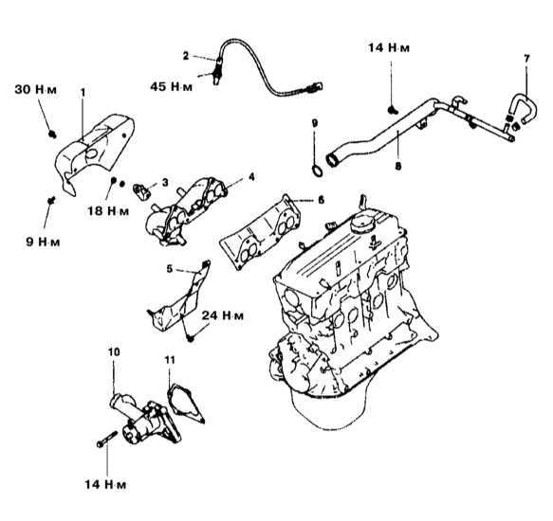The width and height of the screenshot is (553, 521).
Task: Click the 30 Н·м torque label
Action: (x=35, y=89)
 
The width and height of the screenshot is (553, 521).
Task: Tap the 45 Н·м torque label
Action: (x=172, y=86)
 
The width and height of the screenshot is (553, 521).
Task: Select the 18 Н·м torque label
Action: (x=108, y=210)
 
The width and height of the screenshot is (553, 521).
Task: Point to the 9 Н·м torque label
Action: (x=43, y=242)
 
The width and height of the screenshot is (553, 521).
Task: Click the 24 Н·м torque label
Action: (x=223, y=315)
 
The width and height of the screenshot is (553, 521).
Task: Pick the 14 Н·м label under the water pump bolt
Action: (x=105, y=485)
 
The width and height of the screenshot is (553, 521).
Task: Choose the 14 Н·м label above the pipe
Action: (x=389, y=47)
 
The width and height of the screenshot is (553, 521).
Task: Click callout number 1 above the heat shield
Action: (x=83, y=93)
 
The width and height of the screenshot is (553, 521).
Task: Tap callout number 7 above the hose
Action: (x=526, y=59)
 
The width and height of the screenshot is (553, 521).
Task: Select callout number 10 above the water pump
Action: (x=114, y=351)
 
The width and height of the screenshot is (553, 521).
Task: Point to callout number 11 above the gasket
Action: (x=170, y=360)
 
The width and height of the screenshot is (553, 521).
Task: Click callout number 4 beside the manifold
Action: (x=251, y=177)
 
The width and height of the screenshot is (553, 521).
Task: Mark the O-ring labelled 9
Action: (x=317, y=171)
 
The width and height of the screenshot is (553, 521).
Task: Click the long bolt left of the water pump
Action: (x=107, y=439)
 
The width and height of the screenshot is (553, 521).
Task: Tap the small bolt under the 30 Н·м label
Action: (x=53, y=135)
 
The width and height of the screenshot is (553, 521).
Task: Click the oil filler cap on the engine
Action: (x=363, y=222)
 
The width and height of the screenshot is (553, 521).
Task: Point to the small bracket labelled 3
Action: (x=141, y=191)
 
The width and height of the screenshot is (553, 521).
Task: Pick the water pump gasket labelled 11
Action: (x=184, y=404)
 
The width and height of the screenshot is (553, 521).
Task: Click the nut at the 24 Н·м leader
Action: (x=191, y=338)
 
